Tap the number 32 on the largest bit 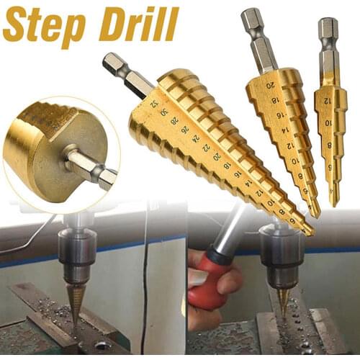(x=154, y=104)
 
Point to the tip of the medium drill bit (x=317, y=214)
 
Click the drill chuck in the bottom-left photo (x=77, y=252)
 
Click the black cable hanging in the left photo (x=143, y=288)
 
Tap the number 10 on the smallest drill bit (x=330, y=122)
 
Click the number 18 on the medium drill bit (x=278, y=101)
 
